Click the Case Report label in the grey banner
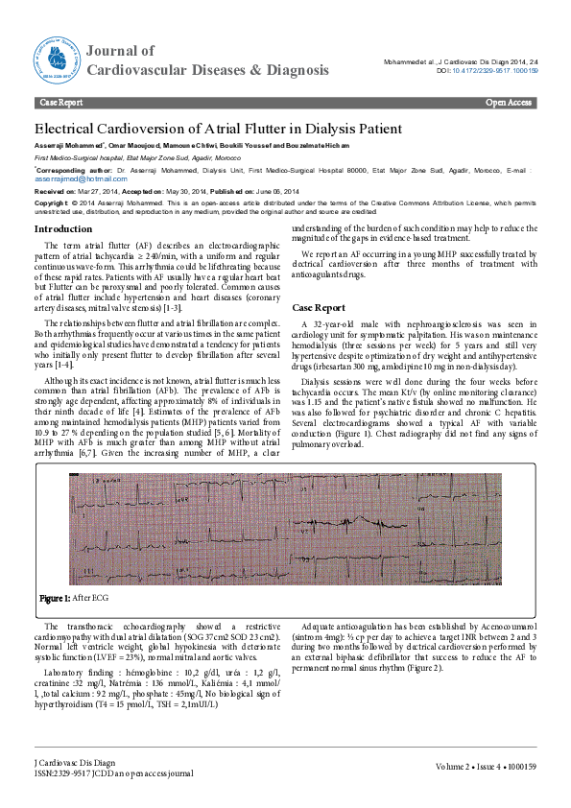coord(59,102)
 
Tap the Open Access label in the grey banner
coord(509,102)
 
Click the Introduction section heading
coord(63,229)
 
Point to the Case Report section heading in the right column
coord(319,307)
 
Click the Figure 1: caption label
coord(54,598)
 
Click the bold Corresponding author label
coord(71,167)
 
